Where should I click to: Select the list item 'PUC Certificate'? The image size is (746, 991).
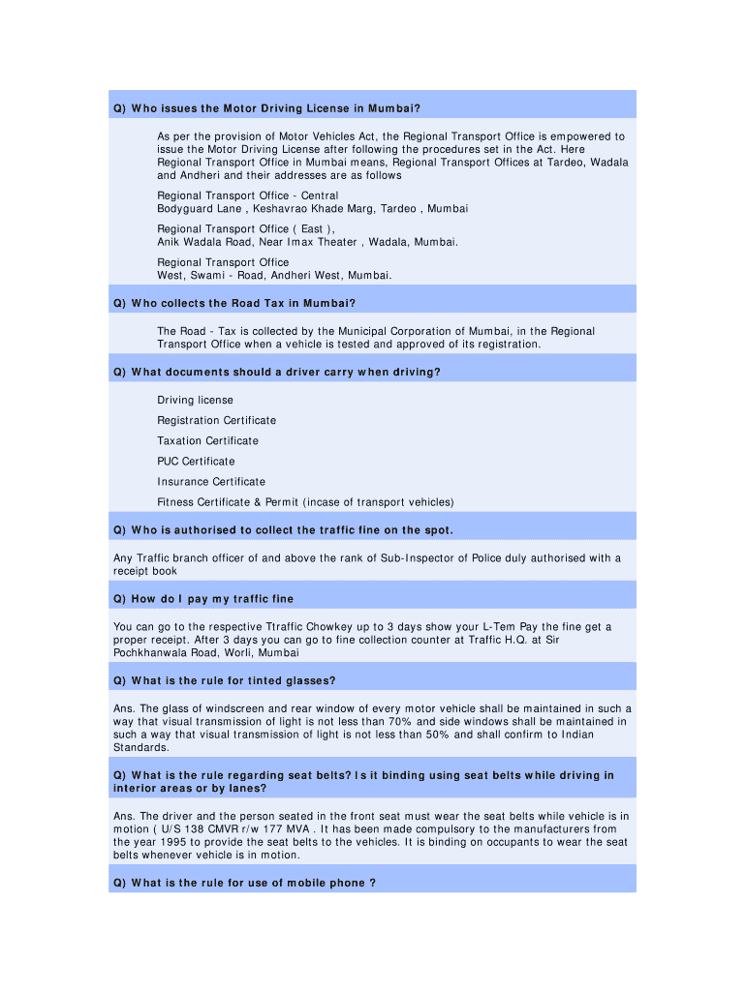(x=196, y=462)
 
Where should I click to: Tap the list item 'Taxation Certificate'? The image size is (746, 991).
(x=207, y=441)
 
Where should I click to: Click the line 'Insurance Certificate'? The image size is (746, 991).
(x=211, y=482)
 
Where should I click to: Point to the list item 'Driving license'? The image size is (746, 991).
(x=195, y=401)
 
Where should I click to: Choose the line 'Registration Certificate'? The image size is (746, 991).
(x=216, y=421)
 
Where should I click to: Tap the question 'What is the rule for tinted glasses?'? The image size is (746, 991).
(x=224, y=680)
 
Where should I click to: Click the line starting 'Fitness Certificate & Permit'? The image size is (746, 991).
(x=305, y=502)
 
